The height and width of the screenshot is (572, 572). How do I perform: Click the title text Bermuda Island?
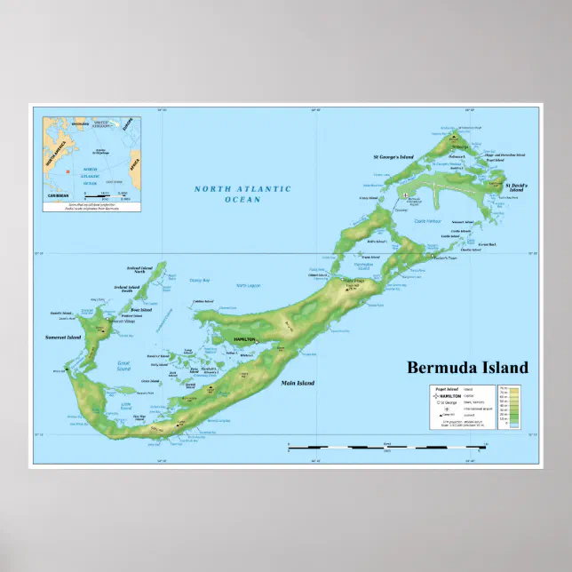point(467,368)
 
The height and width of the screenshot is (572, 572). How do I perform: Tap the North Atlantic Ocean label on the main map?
point(242,194)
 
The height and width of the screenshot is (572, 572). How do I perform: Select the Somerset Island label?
point(64,338)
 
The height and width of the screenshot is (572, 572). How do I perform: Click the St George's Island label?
point(393,157)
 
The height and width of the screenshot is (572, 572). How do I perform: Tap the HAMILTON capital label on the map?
point(244,340)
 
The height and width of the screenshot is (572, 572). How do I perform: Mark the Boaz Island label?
point(141,309)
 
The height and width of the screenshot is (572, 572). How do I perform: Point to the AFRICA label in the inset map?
point(134,163)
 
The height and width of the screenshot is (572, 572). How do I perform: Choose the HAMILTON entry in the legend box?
point(447,395)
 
